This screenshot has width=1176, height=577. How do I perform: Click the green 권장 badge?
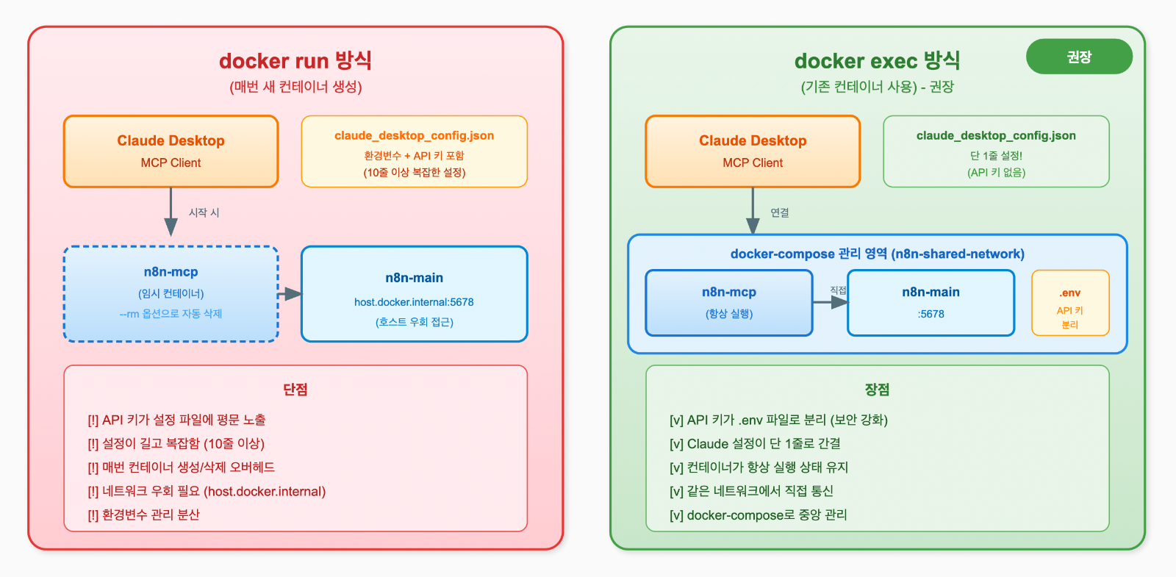point(1078,57)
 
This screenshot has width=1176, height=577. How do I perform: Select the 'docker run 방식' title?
point(295,60)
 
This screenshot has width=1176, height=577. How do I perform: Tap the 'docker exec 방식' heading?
point(877,60)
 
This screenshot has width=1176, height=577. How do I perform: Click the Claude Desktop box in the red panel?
point(171,151)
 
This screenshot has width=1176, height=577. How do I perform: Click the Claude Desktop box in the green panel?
point(753,151)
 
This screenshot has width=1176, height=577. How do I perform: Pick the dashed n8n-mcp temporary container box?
point(171,294)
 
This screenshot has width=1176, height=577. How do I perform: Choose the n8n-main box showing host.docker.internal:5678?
point(414,294)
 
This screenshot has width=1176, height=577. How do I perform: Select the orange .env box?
point(1070,303)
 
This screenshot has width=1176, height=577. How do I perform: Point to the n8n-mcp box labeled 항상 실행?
point(728,303)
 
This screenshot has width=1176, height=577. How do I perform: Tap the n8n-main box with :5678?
point(931,303)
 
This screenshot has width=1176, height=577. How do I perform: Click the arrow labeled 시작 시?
point(171,212)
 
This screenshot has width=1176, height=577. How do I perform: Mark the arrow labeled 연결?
point(753,212)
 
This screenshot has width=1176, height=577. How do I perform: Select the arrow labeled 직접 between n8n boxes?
point(831,302)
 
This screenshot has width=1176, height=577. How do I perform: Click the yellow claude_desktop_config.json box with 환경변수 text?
point(414,151)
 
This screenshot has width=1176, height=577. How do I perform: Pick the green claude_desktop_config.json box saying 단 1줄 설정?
point(996,151)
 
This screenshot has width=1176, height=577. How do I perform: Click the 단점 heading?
point(295,390)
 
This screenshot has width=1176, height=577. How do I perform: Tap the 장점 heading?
point(877,390)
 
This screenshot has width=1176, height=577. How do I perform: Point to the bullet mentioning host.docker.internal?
point(207,491)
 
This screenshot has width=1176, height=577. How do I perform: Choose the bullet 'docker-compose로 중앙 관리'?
point(758,515)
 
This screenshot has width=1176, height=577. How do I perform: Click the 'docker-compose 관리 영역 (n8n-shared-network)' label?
point(877,254)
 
